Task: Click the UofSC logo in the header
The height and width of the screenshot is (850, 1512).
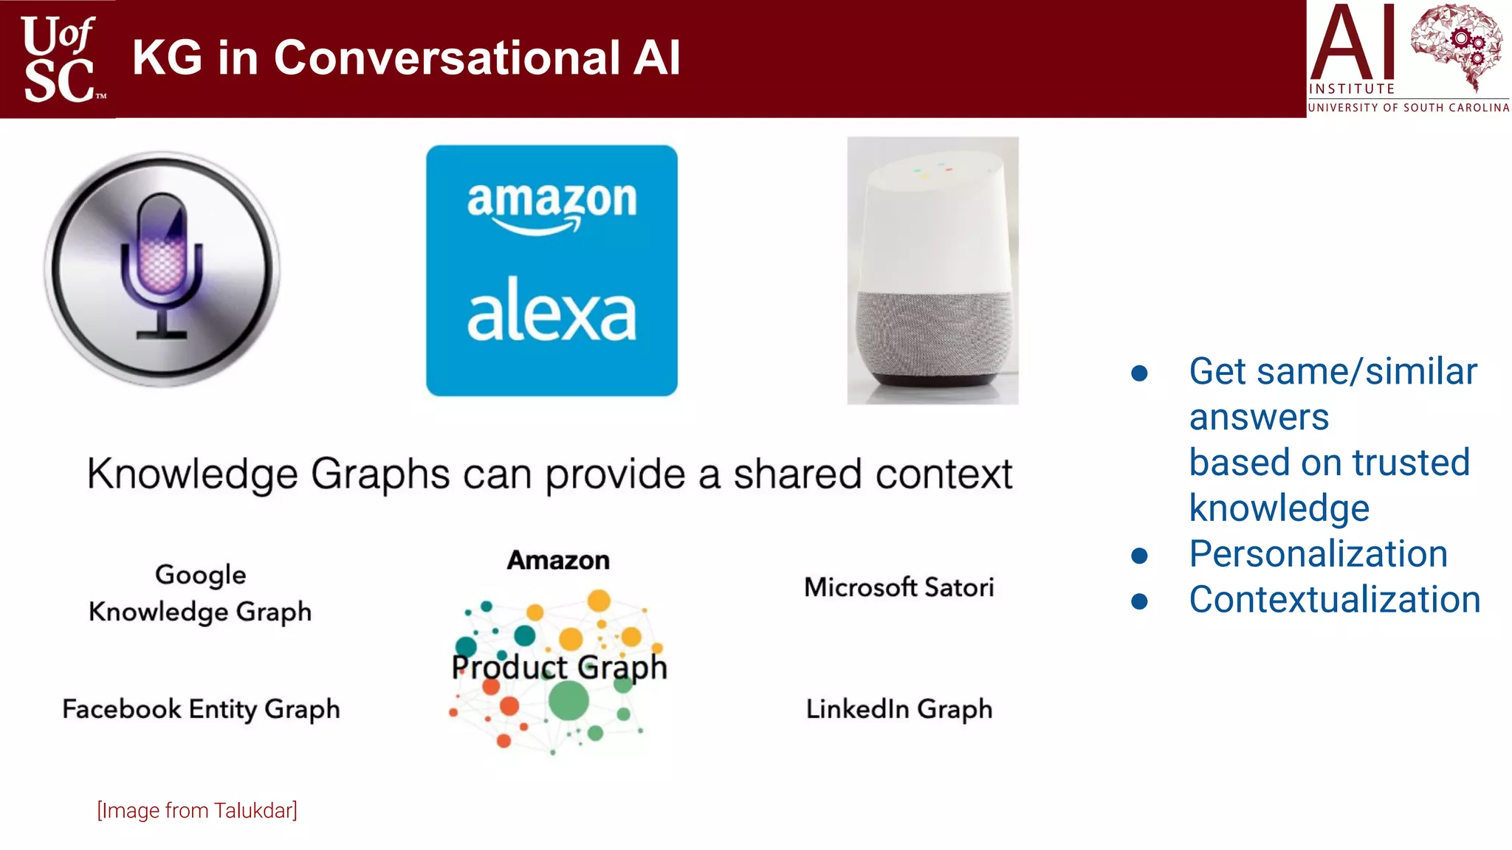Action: [59, 59]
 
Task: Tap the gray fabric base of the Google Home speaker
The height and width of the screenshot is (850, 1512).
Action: [933, 336]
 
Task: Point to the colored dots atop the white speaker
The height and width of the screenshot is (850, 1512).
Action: [932, 169]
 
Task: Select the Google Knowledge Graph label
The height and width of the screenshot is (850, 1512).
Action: [200, 593]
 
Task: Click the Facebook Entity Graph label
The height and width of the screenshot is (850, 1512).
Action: [201, 709]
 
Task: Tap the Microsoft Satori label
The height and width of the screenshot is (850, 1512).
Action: [898, 587]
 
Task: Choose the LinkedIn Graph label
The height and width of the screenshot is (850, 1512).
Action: [898, 709]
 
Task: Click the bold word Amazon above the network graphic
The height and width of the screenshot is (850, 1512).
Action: [558, 560]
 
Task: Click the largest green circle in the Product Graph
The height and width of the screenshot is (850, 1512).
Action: [568, 700]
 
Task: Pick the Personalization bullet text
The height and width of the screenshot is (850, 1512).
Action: [1318, 553]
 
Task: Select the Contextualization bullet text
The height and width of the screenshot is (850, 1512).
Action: [1334, 599]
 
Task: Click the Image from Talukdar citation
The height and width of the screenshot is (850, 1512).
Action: [197, 810]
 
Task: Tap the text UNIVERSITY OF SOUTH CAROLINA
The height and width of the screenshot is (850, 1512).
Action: [1408, 108]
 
